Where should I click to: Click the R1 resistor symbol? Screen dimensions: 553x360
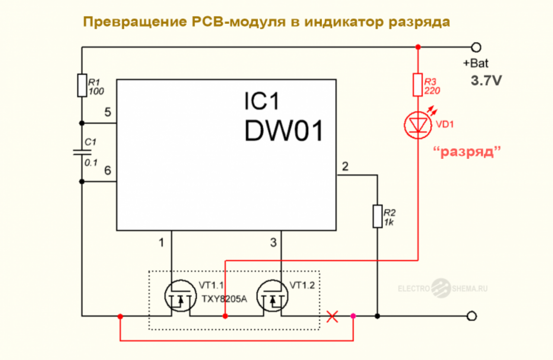tap(82, 85)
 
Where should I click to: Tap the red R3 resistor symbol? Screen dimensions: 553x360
tap(418, 85)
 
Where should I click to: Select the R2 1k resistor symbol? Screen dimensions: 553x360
tap(378, 216)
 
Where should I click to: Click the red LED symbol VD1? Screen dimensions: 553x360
tap(418, 125)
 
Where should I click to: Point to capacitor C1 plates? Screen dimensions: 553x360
tap(82, 152)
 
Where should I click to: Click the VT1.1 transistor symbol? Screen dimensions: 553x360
tap(181, 296)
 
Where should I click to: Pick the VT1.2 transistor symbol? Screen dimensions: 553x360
tap(273, 296)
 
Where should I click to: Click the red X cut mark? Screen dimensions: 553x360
tap(332, 316)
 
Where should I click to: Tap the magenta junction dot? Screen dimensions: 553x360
tap(353, 316)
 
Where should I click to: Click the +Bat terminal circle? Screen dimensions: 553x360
tap(476, 47)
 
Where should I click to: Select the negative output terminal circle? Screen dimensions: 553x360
tap(472, 316)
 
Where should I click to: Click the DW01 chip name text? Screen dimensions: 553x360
tap(284, 131)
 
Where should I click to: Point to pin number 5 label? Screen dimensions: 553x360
tap(108, 112)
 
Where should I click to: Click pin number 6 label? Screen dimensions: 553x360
tap(108, 171)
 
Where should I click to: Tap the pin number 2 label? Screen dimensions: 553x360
tap(345, 167)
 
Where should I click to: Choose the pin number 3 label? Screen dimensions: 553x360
tap(273, 243)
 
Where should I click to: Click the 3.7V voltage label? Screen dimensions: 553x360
tap(486, 81)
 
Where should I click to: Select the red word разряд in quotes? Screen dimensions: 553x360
tap(467, 152)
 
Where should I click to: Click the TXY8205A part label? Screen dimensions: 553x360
tap(224, 299)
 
